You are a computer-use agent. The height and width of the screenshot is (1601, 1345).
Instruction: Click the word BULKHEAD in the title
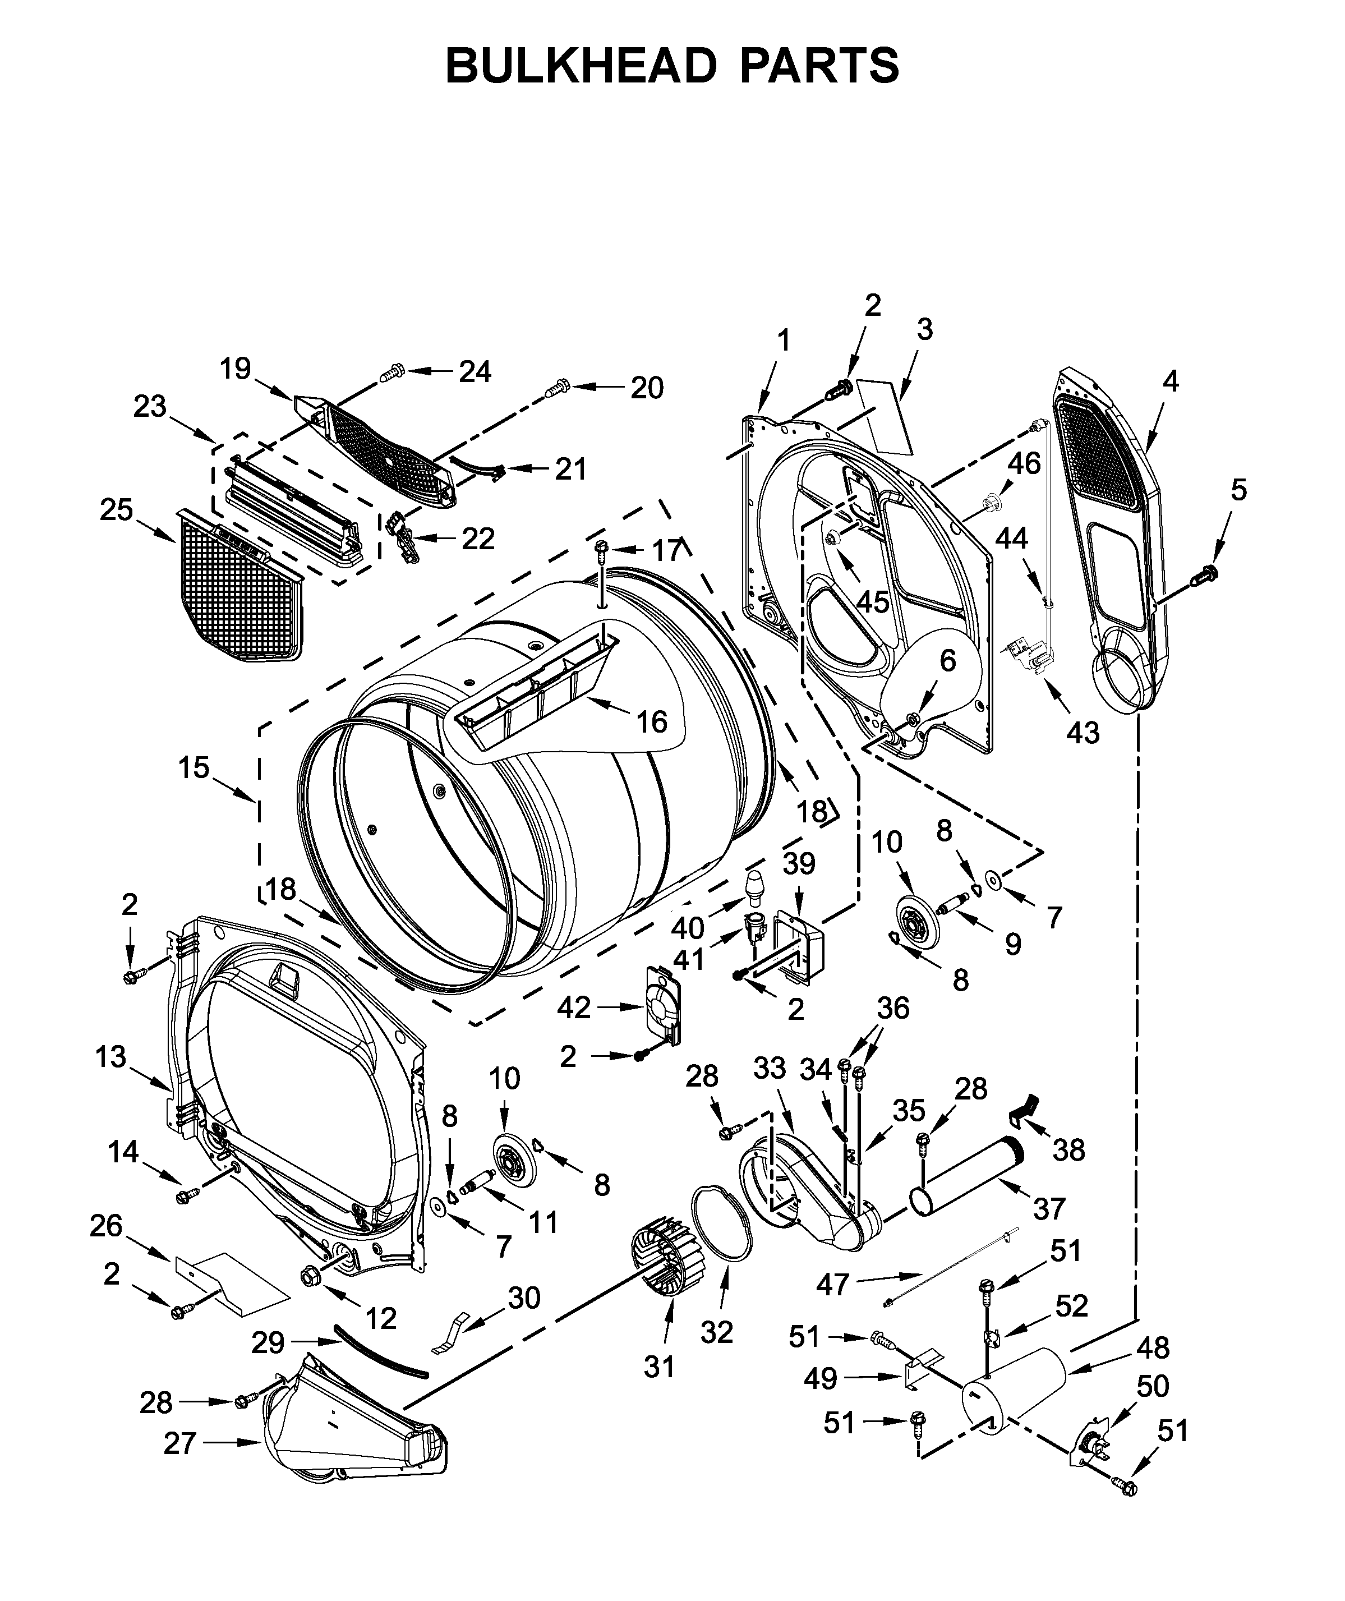point(581,66)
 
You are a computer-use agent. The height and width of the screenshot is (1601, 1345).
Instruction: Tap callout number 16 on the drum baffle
point(652,721)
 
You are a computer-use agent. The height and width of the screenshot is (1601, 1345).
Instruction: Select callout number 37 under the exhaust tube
point(1049,1208)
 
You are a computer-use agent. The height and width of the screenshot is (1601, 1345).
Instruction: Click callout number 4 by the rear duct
point(1171,381)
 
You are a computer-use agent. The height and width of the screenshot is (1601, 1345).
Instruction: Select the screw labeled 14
point(185,1196)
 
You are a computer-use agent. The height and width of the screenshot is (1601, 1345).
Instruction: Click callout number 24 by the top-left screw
point(475,371)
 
